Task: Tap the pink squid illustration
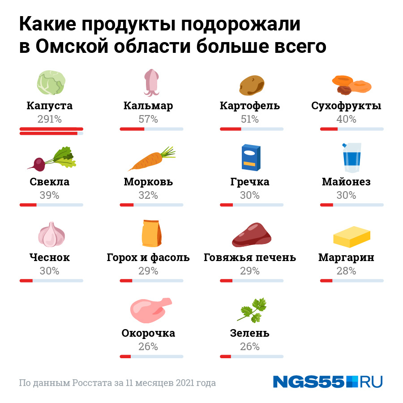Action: pos(151,82)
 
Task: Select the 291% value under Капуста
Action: pos(49,119)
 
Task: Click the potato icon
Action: pos(252,85)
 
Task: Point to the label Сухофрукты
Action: pos(346,106)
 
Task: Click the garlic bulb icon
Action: pos(51,234)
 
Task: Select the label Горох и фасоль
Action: pos(148,258)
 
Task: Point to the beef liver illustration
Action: pos(252,235)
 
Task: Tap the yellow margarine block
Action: pos(352,236)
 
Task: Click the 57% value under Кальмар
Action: pos(148,119)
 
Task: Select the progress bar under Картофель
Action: pos(252,129)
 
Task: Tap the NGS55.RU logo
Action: pos(328,382)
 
